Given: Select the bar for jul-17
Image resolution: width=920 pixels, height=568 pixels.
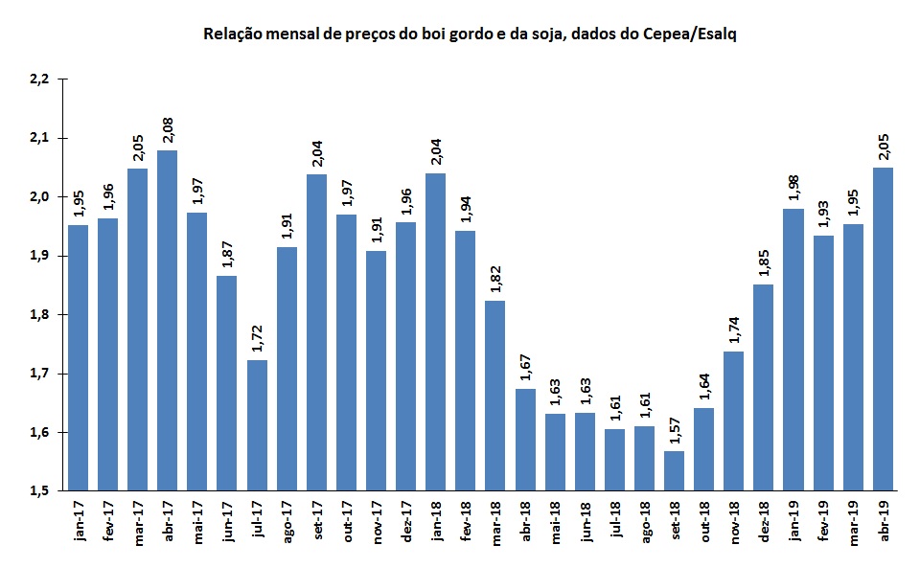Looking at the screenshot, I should click(x=256, y=425).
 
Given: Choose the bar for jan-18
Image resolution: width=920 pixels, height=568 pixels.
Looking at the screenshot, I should click(x=434, y=331).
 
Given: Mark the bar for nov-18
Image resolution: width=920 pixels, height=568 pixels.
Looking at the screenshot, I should click(x=733, y=421).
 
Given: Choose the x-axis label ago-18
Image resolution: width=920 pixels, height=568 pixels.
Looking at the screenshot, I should click(x=643, y=523).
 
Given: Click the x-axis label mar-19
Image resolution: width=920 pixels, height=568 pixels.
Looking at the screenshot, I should click(x=853, y=523).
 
